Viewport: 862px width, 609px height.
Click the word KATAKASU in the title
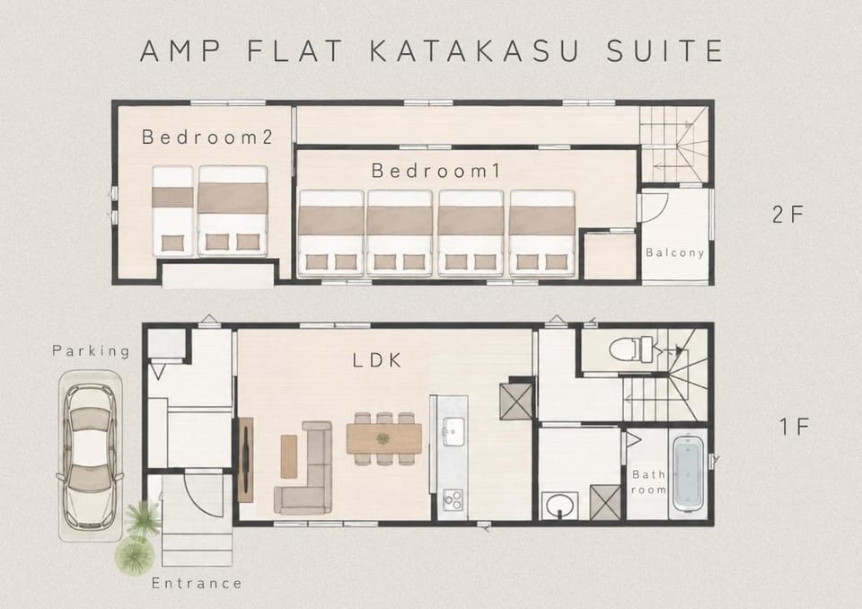(474, 51)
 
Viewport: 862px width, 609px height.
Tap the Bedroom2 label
(207, 137)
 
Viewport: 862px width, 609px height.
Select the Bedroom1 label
(436, 171)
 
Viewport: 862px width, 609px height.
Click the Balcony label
(674, 252)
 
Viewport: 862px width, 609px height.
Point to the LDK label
(377, 360)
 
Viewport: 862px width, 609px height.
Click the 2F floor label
(787, 215)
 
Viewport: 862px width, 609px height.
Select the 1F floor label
(795, 427)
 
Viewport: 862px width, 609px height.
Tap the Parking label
(92, 350)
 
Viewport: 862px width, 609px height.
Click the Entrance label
(197, 583)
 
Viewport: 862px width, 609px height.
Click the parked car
(90, 456)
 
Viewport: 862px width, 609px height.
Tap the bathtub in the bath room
(687, 474)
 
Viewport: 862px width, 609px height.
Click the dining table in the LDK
(383, 438)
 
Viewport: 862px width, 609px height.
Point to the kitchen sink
(453, 432)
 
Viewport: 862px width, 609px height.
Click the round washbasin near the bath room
(559, 505)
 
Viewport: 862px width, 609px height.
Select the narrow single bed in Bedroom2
(172, 211)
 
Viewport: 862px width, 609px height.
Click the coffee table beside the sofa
(288, 456)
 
